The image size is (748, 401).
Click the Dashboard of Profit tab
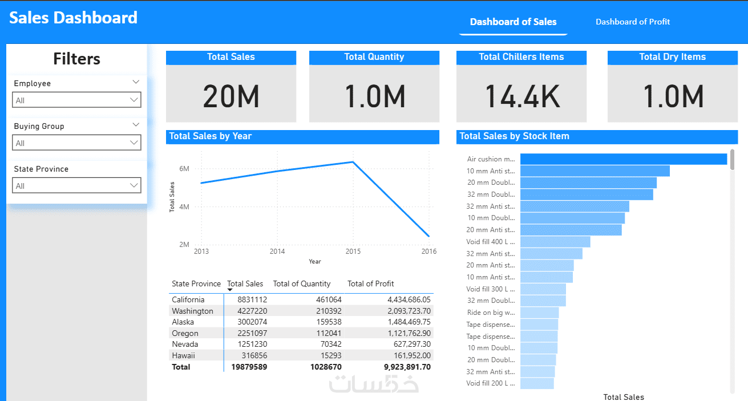tap(633, 22)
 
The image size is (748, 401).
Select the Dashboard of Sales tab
tap(513, 22)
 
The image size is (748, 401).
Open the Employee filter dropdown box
tap(76, 100)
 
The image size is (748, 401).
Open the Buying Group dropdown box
tap(76, 143)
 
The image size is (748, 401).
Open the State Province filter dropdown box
tap(76, 185)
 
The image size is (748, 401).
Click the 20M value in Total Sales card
tap(231, 96)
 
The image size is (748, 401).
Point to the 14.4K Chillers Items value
tap(521, 96)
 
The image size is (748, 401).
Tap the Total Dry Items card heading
tap(672, 57)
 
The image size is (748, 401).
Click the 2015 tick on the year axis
tap(353, 251)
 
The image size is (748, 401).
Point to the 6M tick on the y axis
tap(184, 169)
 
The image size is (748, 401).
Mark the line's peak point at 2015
tap(353, 162)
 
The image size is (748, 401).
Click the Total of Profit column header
tap(370, 283)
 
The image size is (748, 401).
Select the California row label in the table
tap(188, 299)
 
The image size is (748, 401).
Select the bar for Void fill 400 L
tap(555, 242)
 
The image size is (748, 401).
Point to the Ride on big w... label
tap(491, 313)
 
